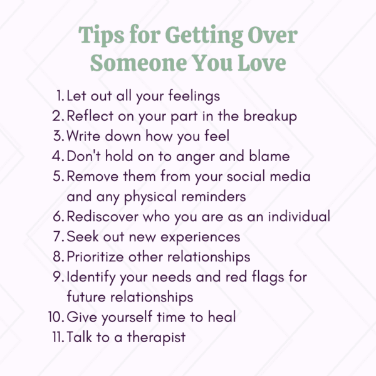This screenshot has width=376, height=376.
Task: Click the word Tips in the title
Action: pyautogui.click(x=102, y=36)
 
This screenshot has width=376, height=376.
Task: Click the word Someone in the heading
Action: pyautogui.click(x=138, y=62)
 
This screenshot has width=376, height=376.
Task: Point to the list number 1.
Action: pyautogui.click(x=61, y=96)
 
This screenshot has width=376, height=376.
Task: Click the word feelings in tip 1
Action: pyautogui.click(x=194, y=97)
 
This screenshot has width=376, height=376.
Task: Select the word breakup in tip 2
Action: pyautogui.click(x=270, y=117)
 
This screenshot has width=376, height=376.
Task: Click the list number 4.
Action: pyautogui.click(x=58, y=156)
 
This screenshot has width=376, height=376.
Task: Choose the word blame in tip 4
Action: pyautogui.click(x=269, y=156)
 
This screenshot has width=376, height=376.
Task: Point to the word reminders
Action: pyautogui.click(x=214, y=196)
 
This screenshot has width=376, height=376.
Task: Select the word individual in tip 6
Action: pyautogui.click(x=299, y=216)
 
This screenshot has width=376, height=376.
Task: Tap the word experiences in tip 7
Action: pyautogui.click(x=201, y=238)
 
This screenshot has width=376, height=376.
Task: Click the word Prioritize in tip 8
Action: pyautogui.click(x=95, y=256)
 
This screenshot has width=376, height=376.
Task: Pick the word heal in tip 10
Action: pyautogui.click(x=222, y=316)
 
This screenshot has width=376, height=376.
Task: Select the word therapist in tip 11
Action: pyautogui.click(x=156, y=338)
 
